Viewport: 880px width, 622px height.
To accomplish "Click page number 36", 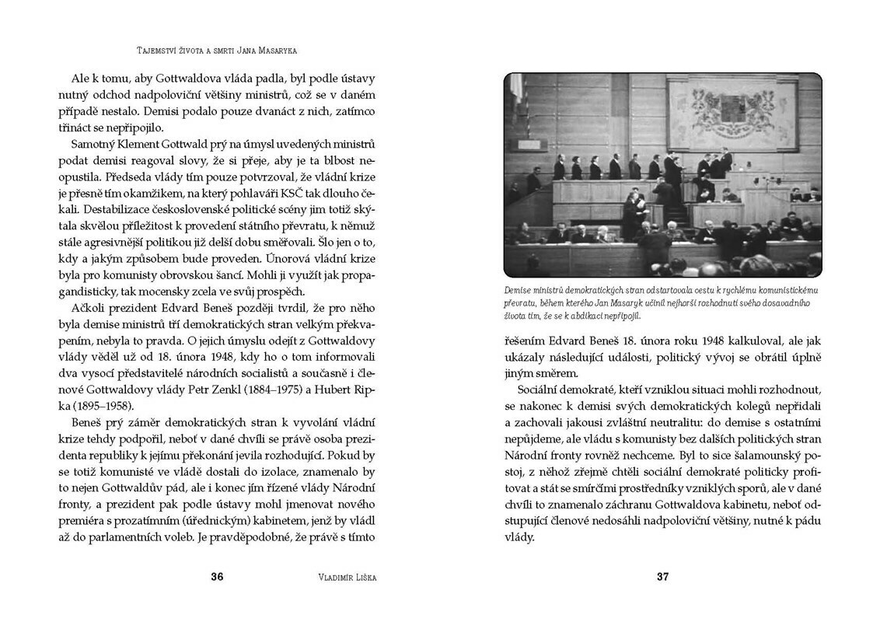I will pos(218,577).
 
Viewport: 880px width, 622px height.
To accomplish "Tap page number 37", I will pos(662,577).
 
